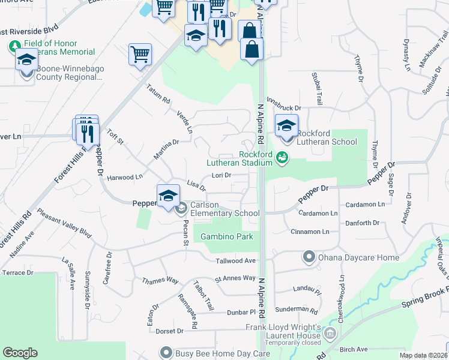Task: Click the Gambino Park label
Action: pyautogui.click(x=227, y=236)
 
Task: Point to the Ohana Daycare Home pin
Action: pyautogui.click(x=309, y=258)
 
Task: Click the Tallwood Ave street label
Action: pyautogui.click(x=237, y=260)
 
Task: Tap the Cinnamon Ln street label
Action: pyautogui.click(x=309, y=232)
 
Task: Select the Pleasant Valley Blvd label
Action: pyautogui.click(x=64, y=222)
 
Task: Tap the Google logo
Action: pyautogui.click(x=20, y=353)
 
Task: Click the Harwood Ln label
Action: pyautogui.click(x=124, y=177)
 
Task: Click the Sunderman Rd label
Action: pyautogui.click(x=297, y=310)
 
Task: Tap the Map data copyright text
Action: pyautogui.click(x=423, y=356)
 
